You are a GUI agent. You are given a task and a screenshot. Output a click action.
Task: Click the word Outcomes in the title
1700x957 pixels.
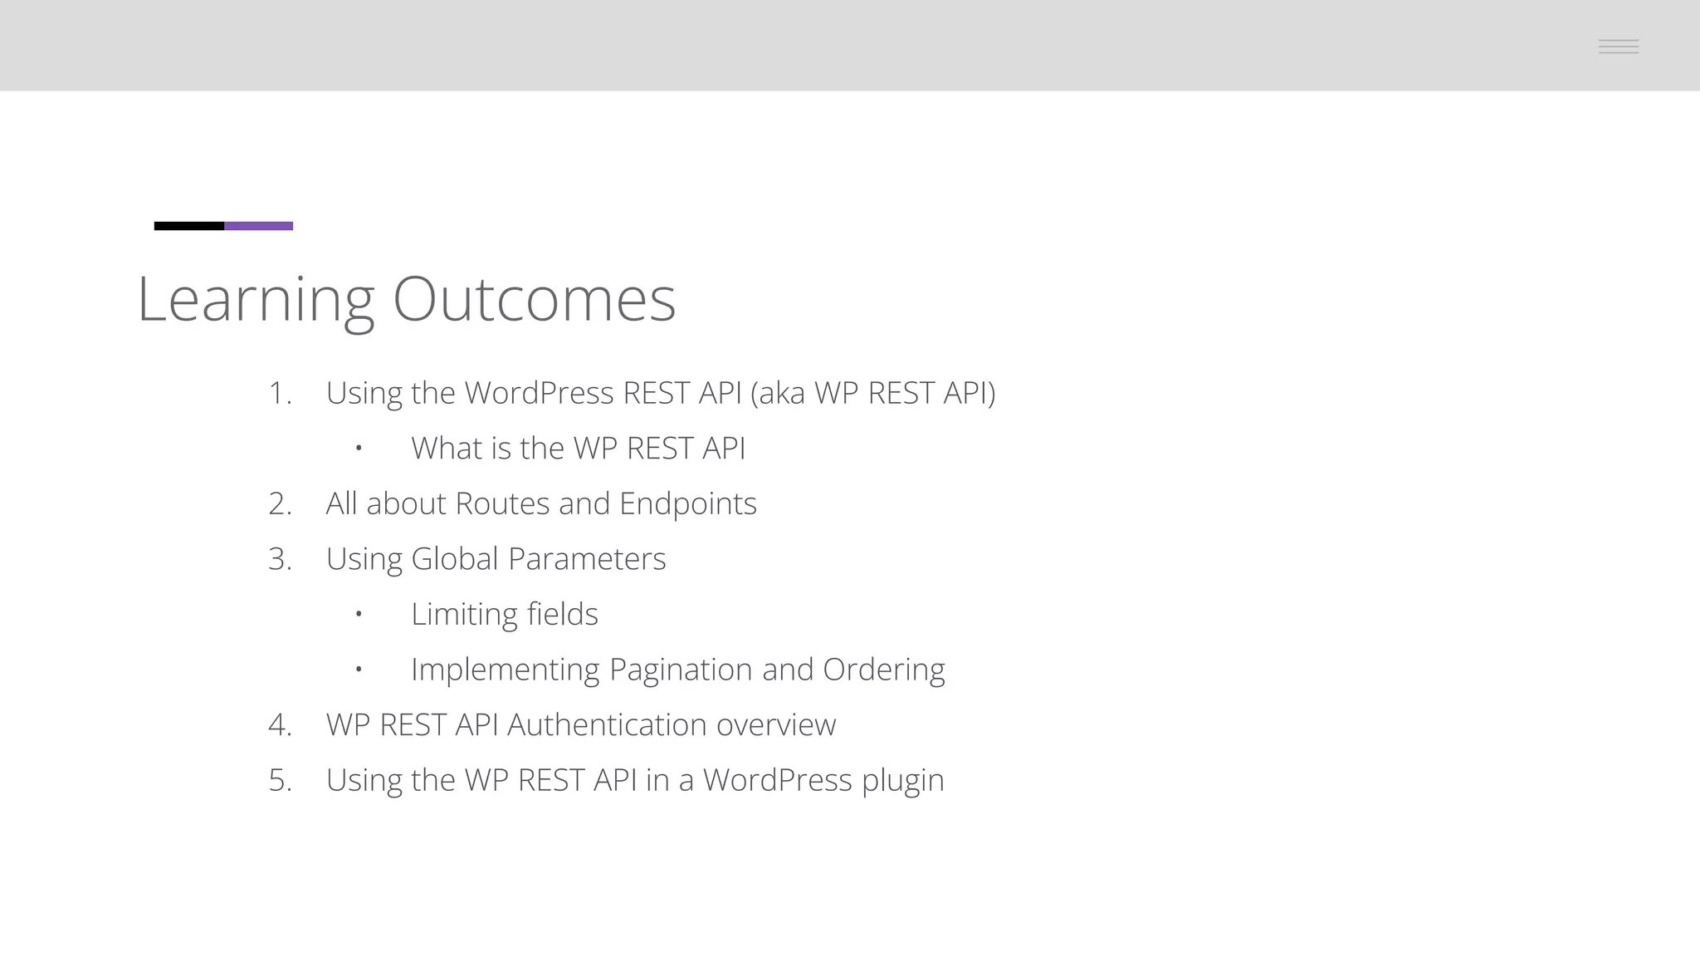(x=534, y=299)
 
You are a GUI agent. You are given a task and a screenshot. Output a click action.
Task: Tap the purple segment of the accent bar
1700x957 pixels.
(x=258, y=226)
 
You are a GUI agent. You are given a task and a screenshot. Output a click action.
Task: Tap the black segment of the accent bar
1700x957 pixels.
(x=189, y=226)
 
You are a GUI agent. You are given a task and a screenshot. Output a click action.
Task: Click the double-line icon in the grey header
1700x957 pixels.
(x=1618, y=47)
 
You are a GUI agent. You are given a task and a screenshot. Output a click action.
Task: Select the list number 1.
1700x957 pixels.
(x=279, y=393)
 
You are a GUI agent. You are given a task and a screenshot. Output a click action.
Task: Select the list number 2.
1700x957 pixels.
(x=280, y=503)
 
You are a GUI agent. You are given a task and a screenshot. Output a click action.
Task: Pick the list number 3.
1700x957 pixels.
(x=280, y=559)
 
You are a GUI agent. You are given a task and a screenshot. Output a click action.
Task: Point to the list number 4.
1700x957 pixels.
(x=280, y=725)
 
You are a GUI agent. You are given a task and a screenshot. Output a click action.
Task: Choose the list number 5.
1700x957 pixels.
(x=280, y=780)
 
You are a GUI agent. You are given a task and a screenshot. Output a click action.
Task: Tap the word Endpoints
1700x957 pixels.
(x=687, y=504)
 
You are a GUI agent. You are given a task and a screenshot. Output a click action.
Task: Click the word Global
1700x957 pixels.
(x=455, y=559)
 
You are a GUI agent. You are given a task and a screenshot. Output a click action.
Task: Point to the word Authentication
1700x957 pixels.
(x=607, y=725)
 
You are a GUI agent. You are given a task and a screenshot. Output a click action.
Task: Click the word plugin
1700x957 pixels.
(x=902, y=781)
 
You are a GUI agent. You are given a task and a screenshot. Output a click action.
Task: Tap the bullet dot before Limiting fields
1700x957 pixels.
(x=359, y=614)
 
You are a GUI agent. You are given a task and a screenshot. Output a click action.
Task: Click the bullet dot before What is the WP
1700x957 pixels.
(x=359, y=449)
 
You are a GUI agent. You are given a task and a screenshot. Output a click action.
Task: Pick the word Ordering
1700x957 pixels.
(x=883, y=670)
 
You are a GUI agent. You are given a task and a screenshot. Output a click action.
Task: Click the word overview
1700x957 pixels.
(x=776, y=725)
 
